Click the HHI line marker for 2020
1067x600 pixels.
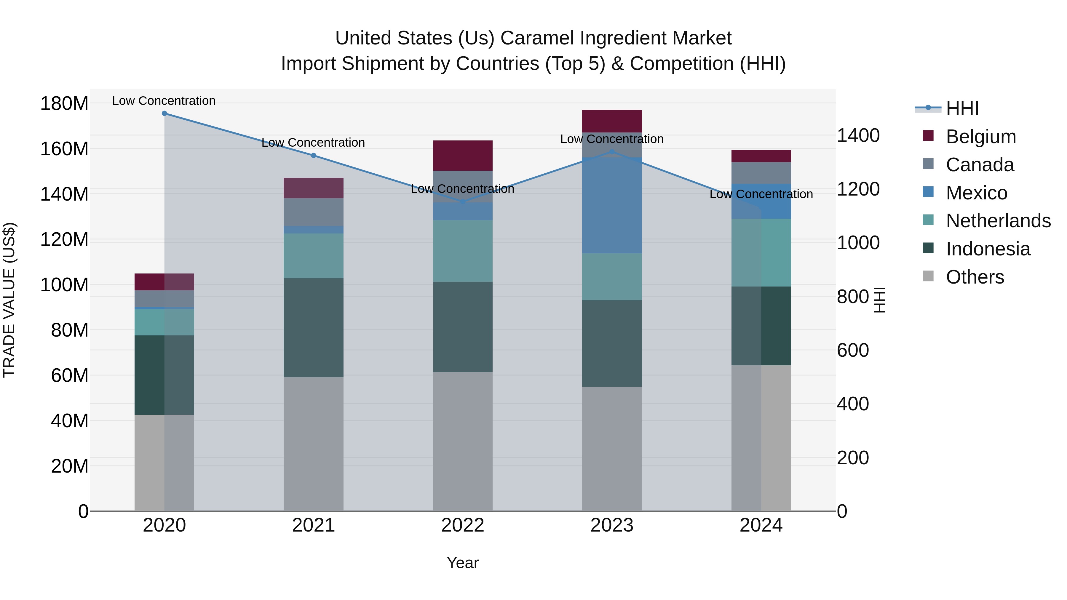click(164, 113)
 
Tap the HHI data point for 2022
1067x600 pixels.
click(463, 202)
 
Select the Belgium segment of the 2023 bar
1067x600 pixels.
click(612, 121)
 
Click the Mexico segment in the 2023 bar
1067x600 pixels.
click(612, 205)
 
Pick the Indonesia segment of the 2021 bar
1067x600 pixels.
click(314, 327)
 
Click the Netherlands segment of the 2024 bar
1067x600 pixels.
click(761, 252)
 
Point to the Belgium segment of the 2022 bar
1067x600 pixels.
click(463, 155)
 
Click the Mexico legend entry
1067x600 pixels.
click(976, 193)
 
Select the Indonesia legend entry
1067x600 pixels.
click(988, 249)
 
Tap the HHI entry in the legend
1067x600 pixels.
click(962, 108)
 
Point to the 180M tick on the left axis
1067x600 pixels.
click(64, 103)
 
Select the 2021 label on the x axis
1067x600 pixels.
click(314, 525)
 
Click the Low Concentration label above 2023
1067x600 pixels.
click(612, 139)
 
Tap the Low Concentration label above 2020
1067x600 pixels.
click(164, 101)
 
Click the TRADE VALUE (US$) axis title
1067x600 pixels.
click(9, 300)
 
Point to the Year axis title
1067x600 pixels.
click(463, 563)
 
